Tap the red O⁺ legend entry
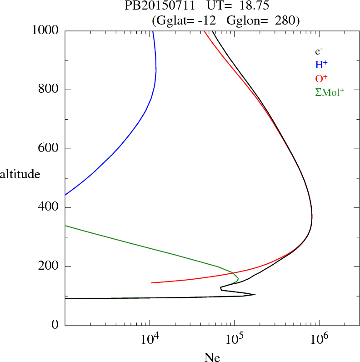[321, 78]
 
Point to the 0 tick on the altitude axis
[56, 325]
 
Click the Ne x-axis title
[211, 357]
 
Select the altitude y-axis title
[20, 174]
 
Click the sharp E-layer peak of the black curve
[255, 294]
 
